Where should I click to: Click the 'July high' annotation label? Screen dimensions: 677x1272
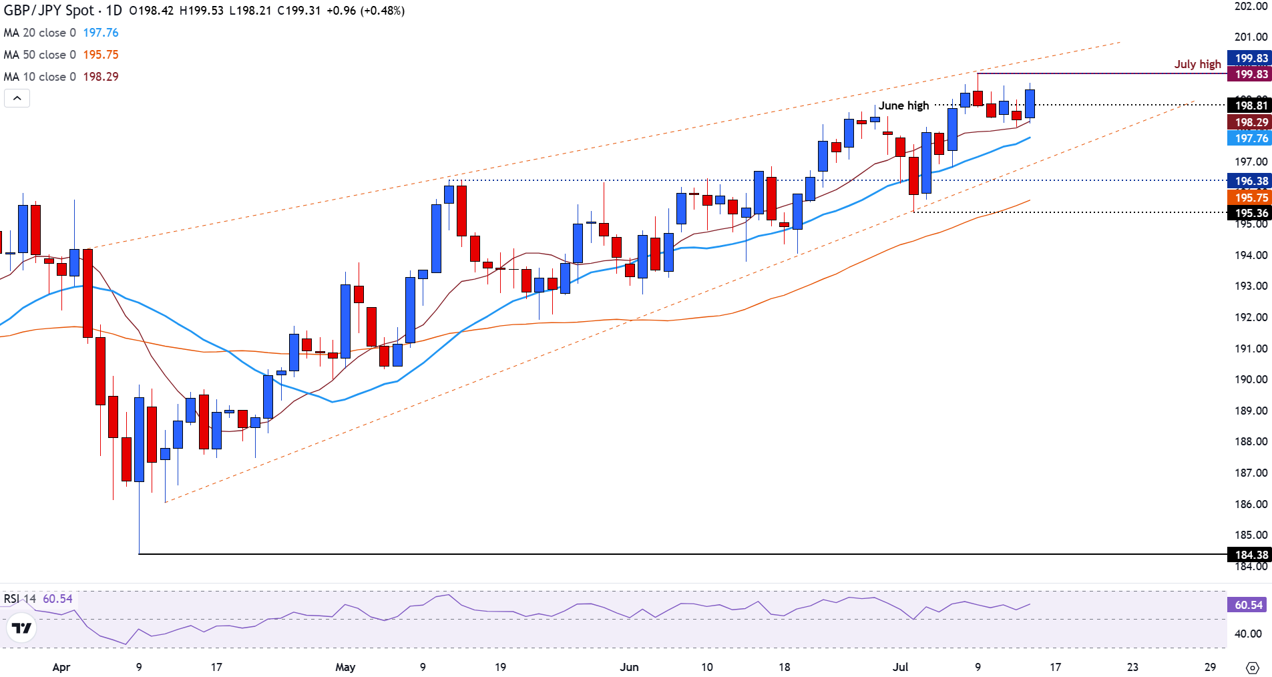[1197, 64]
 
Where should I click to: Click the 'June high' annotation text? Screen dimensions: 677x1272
[903, 105]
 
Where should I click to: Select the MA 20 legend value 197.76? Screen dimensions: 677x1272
[101, 33]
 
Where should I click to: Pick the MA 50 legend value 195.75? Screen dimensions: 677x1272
[101, 55]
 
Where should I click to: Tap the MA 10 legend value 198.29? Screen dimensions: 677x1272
[101, 77]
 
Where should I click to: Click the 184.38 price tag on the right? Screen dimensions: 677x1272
[1251, 555]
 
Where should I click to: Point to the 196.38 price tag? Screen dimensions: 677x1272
[1251, 181]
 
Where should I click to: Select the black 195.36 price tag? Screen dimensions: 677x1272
[1251, 214]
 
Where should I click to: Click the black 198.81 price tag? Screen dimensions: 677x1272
[1251, 105]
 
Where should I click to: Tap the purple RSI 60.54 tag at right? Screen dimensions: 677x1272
[1248, 605]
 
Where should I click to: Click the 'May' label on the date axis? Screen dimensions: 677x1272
[345, 667]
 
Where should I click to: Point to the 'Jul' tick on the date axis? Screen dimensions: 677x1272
[900, 667]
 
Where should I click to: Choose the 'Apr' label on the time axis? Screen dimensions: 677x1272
[61, 667]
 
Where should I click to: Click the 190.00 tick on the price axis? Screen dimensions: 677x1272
[1251, 379]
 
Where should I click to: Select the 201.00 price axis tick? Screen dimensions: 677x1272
[1251, 37]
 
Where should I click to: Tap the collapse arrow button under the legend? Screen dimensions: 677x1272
[17, 99]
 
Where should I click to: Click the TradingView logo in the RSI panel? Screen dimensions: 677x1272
[21, 628]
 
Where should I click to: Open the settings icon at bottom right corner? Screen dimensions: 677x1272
[1253, 668]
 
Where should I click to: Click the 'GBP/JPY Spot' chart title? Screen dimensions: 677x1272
[49, 11]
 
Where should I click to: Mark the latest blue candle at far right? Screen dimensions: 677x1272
[1030, 103]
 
